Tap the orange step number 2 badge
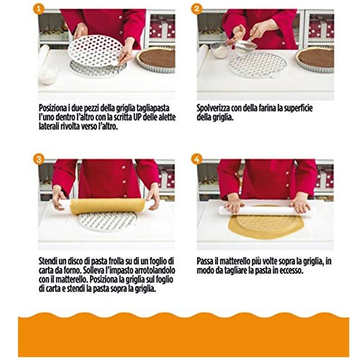[x=197, y=9]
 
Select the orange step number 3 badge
[x=40, y=158]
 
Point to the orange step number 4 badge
[x=197, y=158]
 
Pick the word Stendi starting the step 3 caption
[x=49, y=261]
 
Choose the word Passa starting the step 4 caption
[x=207, y=261]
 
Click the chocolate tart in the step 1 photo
[x=156, y=58]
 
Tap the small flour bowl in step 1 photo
[x=49, y=75]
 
